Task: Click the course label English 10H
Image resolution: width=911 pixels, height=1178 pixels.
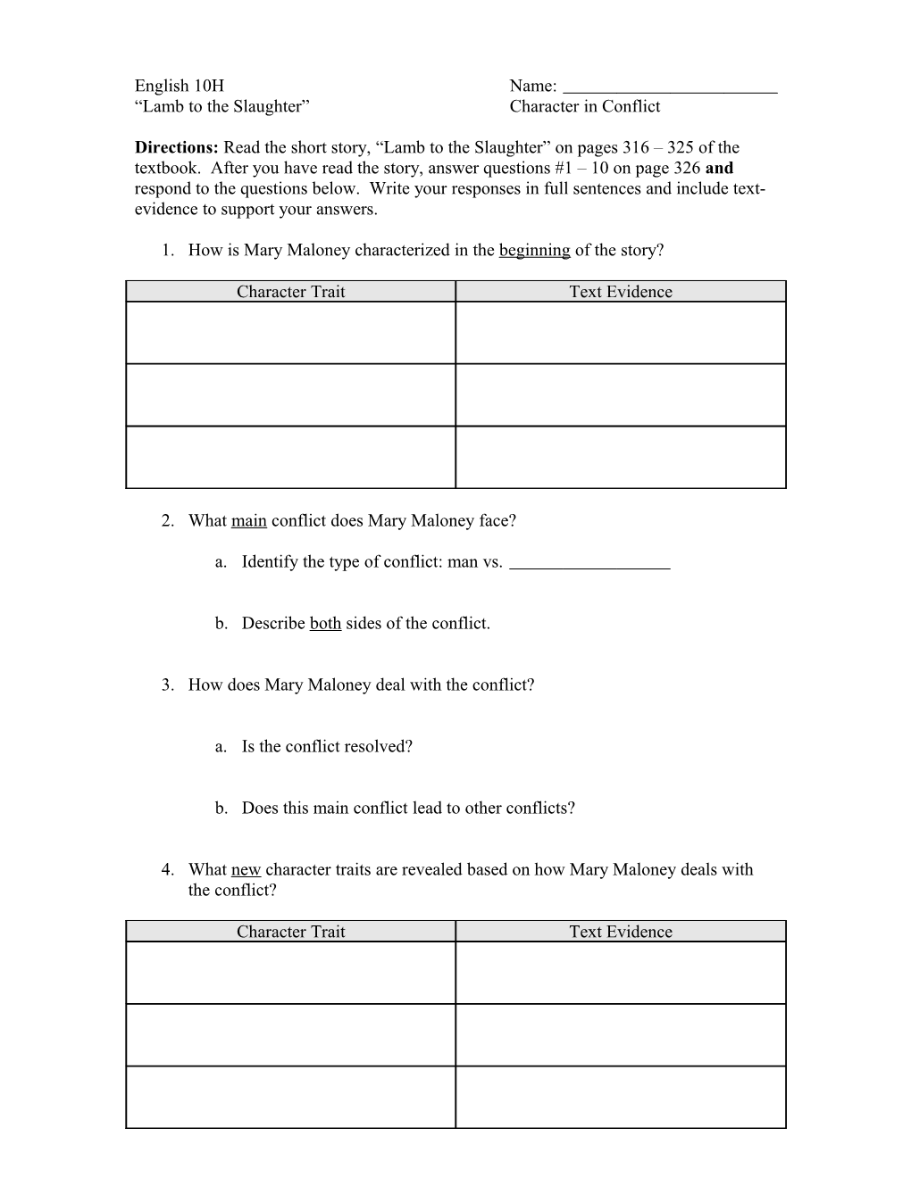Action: click(x=180, y=86)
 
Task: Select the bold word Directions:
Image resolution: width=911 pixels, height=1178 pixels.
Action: click(x=177, y=147)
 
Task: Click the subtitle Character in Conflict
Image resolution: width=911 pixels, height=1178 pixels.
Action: click(x=585, y=106)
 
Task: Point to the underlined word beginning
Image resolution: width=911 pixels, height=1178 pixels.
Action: click(x=534, y=250)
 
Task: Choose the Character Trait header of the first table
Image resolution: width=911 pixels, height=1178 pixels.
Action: click(x=290, y=292)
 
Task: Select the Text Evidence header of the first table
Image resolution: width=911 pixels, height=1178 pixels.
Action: click(x=621, y=292)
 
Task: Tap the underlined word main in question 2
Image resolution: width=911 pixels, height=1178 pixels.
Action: click(x=249, y=520)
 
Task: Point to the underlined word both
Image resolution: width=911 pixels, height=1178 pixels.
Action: click(x=325, y=623)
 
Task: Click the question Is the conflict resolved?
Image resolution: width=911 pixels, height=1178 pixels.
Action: click(x=327, y=746)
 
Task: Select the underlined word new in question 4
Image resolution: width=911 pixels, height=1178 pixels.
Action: click(x=246, y=869)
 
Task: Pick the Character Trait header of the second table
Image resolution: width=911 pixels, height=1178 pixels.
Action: click(x=290, y=932)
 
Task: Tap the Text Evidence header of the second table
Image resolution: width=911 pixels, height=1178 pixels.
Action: click(x=621, y=932)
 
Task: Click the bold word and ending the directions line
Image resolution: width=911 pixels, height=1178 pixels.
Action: click(x=719, y=168)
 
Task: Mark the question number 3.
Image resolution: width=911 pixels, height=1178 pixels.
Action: click(x=167, y=684)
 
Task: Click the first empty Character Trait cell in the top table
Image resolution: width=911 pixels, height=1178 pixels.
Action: click(x=290, y=333)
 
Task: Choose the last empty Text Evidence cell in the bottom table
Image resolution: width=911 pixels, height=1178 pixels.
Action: click(x=621, y=1098)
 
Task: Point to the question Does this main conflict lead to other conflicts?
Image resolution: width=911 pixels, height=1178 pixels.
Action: click(x=408, y=808)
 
